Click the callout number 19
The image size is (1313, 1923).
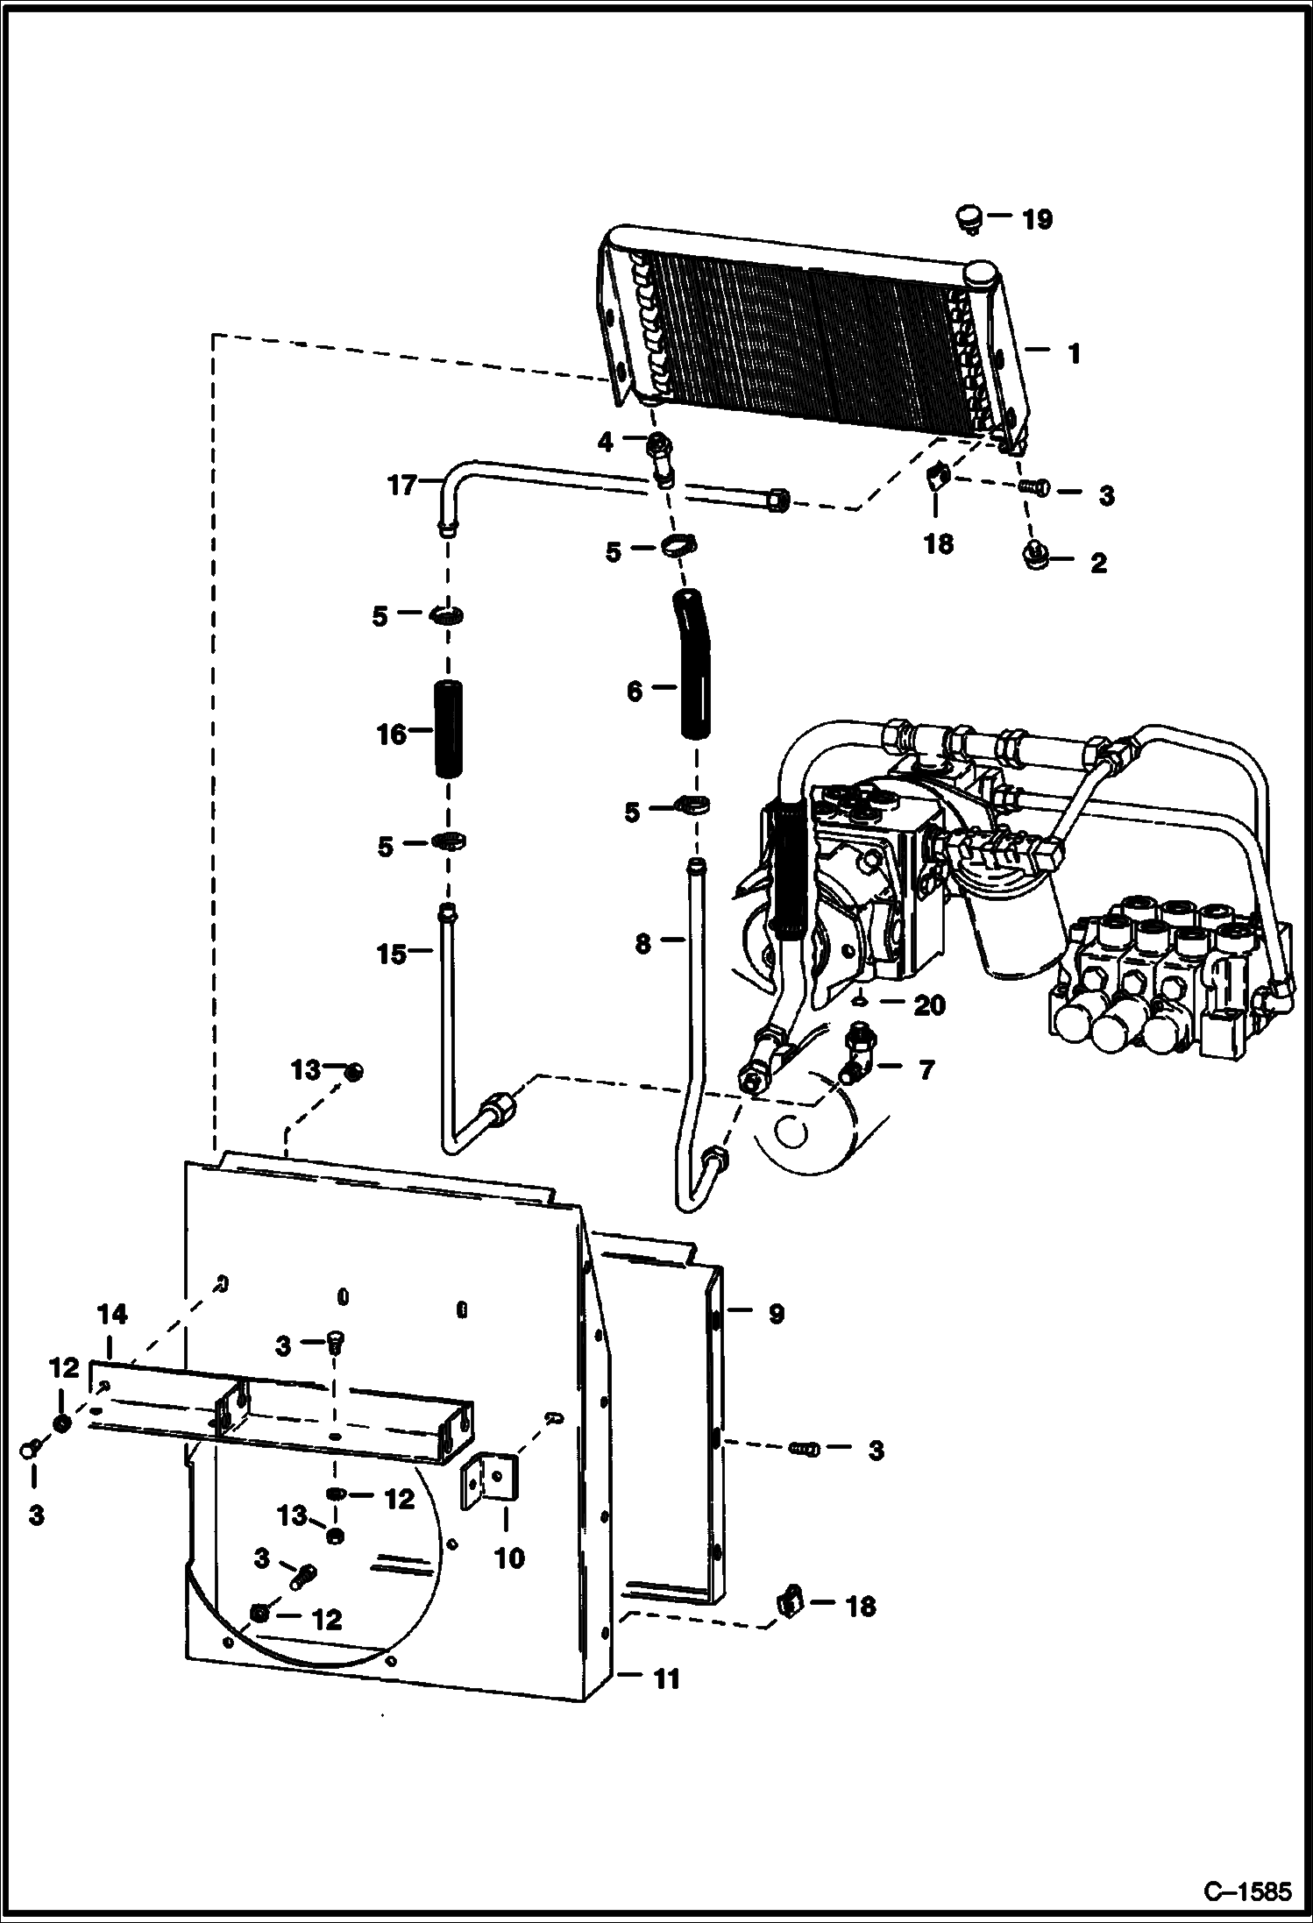(x=1037, y=219)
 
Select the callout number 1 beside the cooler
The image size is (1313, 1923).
(x=1074, y=354)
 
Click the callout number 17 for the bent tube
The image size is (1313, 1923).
(x=401, y=485)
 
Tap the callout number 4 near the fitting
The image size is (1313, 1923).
(x=606, y=442)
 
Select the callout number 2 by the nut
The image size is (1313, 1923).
(x=1097, y=563)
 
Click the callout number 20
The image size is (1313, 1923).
(x=929, y=1005)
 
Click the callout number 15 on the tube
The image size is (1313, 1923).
(x=392, y=954)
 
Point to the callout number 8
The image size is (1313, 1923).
(x=642, y=944)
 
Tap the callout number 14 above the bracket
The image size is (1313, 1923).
(x=112, y=1315)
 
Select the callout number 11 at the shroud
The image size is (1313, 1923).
(x=666, y=1679)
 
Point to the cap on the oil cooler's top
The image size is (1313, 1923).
(x=980, y=275)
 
